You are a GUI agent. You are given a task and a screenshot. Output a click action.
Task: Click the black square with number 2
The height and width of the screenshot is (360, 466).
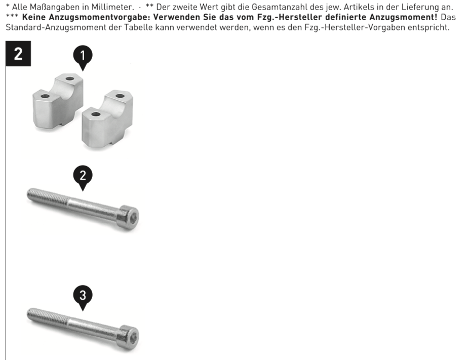pos(18,54)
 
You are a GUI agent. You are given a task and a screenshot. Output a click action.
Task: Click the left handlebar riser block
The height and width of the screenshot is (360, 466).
pos(58,101)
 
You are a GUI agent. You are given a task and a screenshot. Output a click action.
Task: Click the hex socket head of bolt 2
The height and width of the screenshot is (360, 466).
pos(129,217)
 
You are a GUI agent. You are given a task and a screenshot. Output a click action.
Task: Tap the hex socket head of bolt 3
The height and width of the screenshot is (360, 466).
pos(129,337)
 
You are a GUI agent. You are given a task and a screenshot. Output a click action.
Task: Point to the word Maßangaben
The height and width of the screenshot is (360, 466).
pos(54,7)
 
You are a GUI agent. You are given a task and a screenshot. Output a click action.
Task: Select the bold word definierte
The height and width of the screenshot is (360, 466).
pos(345,17)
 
